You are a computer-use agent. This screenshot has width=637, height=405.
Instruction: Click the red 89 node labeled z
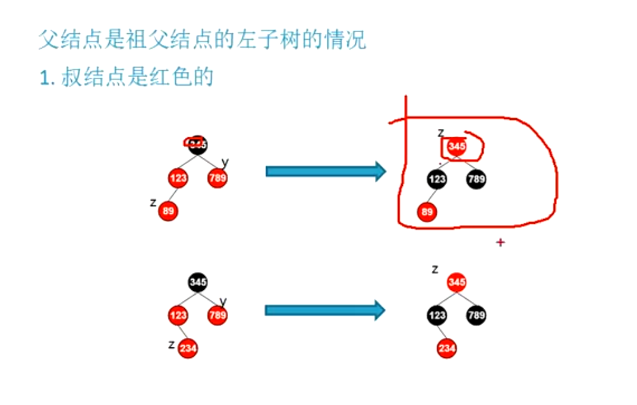(x=168, y=210)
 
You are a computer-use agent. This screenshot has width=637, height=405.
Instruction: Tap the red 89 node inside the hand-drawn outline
(x=426, y=212)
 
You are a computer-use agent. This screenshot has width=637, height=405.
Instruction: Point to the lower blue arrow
(x=324, y=310)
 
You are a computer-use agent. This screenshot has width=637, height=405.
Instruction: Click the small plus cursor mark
(x=500, y=242)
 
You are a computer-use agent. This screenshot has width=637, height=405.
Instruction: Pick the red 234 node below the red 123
(x=188, y=349)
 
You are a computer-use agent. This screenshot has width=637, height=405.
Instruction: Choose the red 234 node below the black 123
(x=447, y=349)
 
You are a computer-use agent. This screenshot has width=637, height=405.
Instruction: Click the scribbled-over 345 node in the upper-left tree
(x=197, y=144)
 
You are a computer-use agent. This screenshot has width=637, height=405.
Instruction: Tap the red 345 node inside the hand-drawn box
(x=456, y=146)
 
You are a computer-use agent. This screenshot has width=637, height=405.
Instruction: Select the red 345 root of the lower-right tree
(x=456, y=282)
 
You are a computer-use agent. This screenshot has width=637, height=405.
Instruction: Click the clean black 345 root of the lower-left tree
(x=197, y=282)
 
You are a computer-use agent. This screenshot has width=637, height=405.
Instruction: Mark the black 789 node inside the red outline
(x=476, y=179)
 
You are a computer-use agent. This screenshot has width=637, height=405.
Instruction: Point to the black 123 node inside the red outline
(x=437, y=179)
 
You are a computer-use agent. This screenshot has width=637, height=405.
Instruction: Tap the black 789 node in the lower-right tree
(x=476, y=315)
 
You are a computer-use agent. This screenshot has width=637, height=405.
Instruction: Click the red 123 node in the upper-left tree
(x=178, y=178)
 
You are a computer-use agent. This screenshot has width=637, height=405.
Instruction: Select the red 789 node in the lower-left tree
(x=217, y=315)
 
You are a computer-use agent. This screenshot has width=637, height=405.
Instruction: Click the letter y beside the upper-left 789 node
(x=225, y=162)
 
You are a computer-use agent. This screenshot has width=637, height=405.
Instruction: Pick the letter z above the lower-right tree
(x=435, y=270)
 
